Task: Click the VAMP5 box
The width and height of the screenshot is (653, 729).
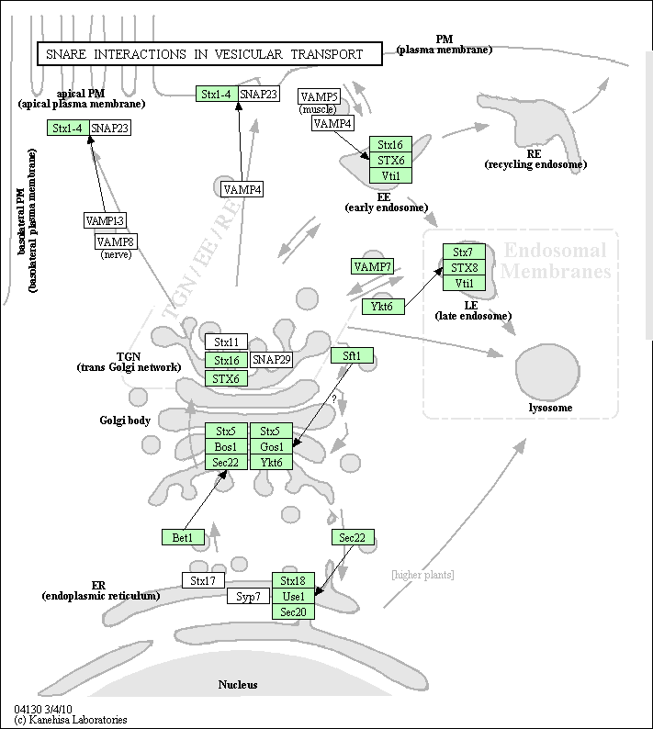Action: (x=319, y=96)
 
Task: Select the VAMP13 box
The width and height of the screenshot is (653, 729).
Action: (x=105, y=220)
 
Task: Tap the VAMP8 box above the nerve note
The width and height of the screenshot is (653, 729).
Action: (x=117, y=241)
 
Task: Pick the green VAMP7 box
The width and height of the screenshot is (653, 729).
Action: (x=372, y=266)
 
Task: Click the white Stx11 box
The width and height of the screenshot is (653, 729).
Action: (x=226, y=342)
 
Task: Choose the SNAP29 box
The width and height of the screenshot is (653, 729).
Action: (x=272, y=359)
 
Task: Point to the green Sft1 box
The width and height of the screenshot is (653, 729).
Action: (x=352, y=355)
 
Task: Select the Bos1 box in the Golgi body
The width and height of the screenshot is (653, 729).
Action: (x=226, y=446)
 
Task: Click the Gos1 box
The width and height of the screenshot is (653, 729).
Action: (x=271, y=446)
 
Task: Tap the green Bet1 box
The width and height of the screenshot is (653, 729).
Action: (x=183, y=537)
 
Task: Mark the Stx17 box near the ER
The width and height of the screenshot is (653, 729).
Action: (x=203, y=580)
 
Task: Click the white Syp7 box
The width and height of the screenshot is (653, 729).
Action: (x=248, y=596)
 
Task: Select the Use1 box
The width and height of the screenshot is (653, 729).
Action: (x=294, y=596)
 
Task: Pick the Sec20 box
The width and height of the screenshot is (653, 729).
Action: (x=294, y=611)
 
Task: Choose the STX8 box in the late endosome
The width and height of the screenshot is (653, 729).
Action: (x=464, y=267)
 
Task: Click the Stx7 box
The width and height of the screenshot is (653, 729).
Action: (x=464, y=252)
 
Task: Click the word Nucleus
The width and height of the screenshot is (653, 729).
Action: (x=238, y=684)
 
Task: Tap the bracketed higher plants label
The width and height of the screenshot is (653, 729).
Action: (x=422, y=575)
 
